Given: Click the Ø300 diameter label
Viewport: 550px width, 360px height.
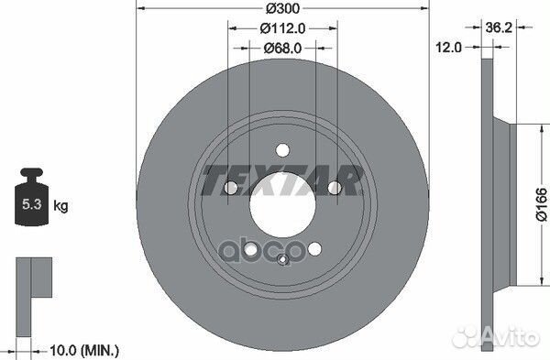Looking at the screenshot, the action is (x=282, y=9).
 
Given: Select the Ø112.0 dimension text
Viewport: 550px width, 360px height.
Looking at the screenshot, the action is (x=282, y=28).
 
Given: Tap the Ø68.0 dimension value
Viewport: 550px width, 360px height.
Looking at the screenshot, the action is (x=282, y=48).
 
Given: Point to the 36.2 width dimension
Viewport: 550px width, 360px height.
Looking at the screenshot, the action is (x=499, y=27).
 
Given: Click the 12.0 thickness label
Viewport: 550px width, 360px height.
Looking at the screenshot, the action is (x=448, y=47).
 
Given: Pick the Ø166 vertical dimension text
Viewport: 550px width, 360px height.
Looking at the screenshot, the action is (x=542, y=204).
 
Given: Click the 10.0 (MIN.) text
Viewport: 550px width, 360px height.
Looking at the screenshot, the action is (x=84, y=350).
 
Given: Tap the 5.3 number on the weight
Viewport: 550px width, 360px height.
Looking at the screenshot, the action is (x=32, y=203).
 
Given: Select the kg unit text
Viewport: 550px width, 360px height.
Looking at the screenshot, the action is (x=60, y=206).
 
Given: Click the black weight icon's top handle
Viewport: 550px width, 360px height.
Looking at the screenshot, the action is (x=32, y=172).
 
